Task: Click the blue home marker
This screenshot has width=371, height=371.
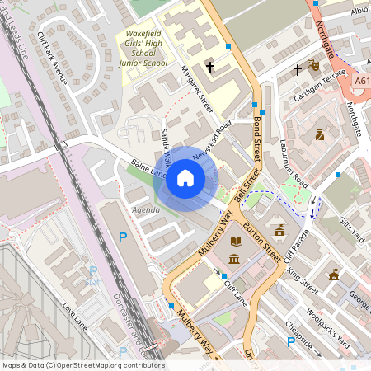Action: (x=185, y=177)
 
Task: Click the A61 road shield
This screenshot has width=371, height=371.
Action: (x=362, y=82)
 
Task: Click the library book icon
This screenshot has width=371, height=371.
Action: (x=237, y=241)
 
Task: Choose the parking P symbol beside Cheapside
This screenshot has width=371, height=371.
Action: (x=290, y=340)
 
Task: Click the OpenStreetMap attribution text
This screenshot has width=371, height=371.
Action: (x=82, y=365)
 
